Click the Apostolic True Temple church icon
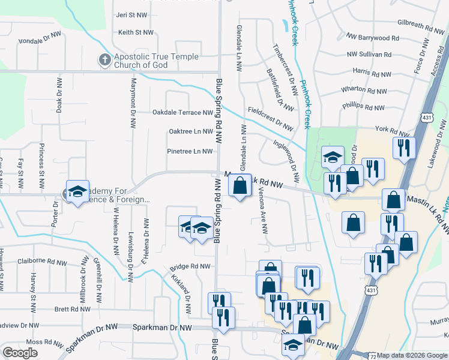tap(104, 59)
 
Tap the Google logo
tap(20, 353)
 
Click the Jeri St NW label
tap(131, 15)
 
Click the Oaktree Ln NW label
tap(191, 131)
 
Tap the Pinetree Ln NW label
tap(190, 151)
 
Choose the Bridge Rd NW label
tap(190, 266)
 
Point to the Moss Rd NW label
tap(42, 341)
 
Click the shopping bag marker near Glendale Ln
tap(240, 187)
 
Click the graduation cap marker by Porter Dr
tap(77, 193)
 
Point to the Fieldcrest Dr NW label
tap(270, 118)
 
